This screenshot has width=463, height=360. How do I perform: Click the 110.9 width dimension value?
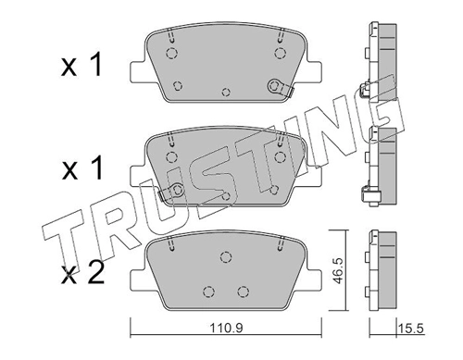click(227, 328)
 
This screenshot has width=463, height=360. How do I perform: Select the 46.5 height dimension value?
click(339, 271)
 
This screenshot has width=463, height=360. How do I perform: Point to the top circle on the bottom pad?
click(226, 256)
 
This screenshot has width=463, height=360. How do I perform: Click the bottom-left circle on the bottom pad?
click(209, 291)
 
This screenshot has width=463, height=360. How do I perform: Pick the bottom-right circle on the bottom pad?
click(244, 291)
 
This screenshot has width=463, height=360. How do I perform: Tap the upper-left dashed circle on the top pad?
click(171, 53)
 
